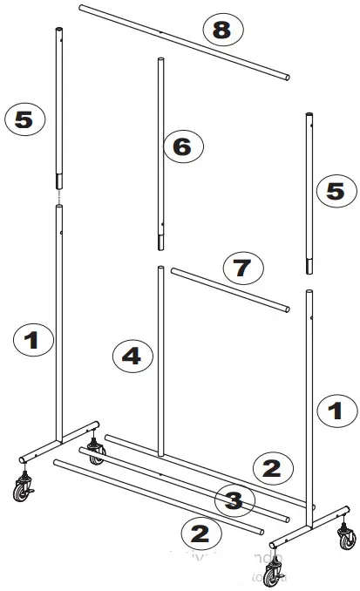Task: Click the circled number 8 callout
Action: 221,32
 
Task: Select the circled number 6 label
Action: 181,146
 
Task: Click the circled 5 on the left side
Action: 24,119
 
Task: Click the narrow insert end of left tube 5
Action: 59,180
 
